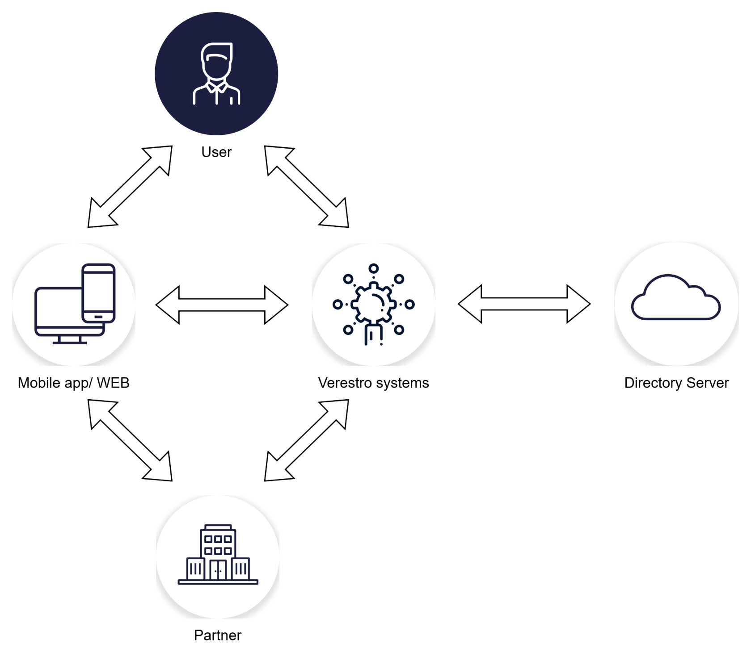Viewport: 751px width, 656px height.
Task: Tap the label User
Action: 216,152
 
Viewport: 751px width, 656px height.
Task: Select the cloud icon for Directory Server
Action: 675,297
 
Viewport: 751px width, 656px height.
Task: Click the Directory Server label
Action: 676,383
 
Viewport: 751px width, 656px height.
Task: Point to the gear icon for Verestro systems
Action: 374,305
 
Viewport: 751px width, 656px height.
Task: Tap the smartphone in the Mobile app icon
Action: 99,293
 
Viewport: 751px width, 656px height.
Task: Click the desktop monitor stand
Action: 69,340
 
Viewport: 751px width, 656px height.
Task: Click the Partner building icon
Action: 218,555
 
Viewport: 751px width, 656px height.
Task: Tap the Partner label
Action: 218,635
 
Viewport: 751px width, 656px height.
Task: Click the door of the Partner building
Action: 218,570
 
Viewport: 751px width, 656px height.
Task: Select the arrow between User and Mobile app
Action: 130,186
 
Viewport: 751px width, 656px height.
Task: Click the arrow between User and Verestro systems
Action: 307,186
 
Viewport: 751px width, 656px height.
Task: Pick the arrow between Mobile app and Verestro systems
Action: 222,305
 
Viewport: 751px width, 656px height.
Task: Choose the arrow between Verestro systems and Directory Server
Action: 524,304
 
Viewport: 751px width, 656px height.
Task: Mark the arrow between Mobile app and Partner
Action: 130,440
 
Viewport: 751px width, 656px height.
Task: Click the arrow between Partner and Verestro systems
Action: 307,440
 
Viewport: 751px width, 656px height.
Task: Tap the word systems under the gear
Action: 402,383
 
